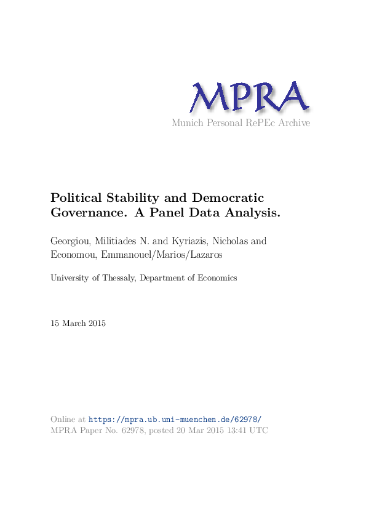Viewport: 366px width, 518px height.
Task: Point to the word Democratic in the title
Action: (x=228, y=198)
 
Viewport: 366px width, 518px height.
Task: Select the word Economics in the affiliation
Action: (x=217, y=278)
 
